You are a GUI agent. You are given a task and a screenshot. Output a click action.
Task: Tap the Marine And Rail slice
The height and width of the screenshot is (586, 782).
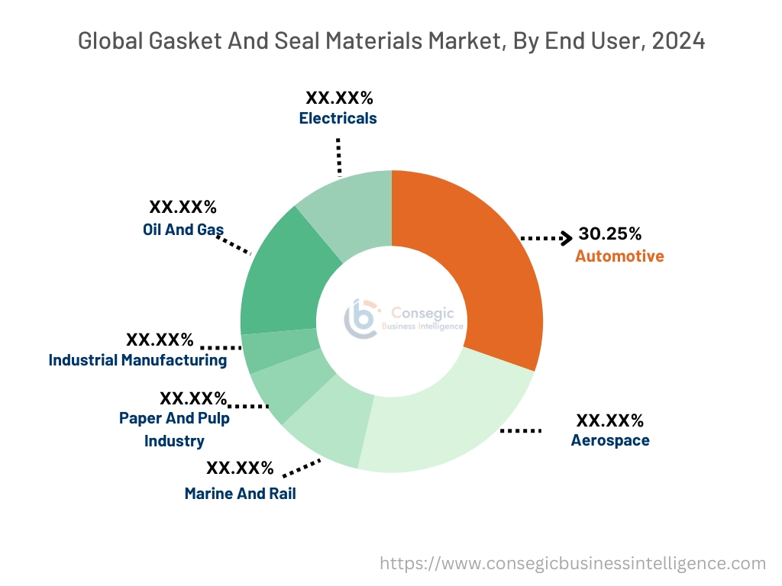tap(328, 431)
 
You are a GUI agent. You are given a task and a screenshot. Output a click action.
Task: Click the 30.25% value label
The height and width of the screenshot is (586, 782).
tap(610, 233)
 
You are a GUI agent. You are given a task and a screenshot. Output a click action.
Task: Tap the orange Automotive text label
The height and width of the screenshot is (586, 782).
tap(619, 256)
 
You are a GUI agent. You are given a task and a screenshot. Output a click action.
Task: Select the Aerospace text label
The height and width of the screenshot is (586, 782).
tap(610, 440)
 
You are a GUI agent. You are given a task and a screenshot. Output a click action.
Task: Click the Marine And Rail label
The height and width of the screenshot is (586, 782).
tap(240, 494)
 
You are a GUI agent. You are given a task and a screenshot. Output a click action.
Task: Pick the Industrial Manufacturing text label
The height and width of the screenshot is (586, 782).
tap(137, 360)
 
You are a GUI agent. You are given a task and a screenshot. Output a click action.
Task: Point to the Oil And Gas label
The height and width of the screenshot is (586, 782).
tap(183, 229)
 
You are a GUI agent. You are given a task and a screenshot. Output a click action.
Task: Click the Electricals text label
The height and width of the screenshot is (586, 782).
tap(338, 118)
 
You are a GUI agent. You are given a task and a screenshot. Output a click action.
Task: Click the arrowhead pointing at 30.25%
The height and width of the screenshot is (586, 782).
tap(567, 238)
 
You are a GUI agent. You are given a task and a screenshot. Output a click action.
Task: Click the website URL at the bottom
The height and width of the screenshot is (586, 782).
tap(573, 564)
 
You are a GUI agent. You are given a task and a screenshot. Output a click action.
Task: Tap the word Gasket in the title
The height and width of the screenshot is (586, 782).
tap(178, 41)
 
